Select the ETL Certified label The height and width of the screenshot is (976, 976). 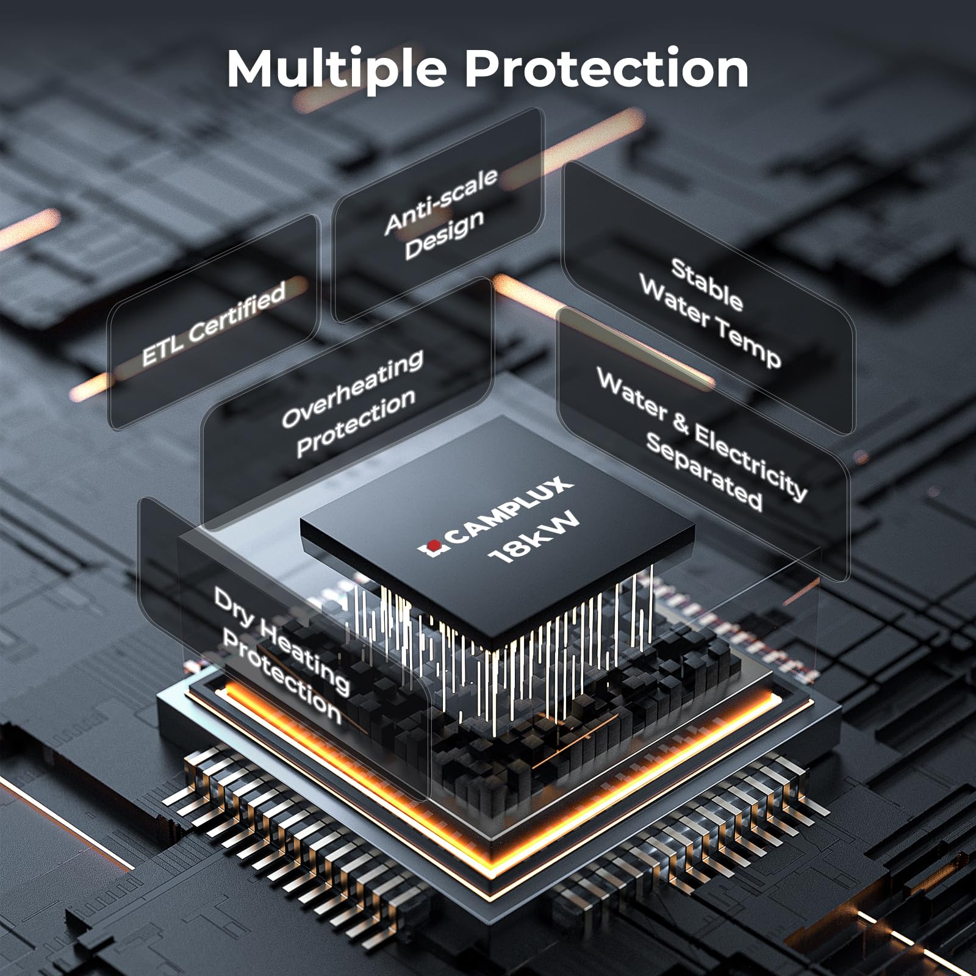[x=213, y=323]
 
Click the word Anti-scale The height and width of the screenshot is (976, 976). [x=442, y=201]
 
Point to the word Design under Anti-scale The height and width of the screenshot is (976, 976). [x=445, y=234]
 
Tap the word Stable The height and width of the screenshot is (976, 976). [x=707, y=285]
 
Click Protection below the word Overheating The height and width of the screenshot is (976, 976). [x=356, y=423]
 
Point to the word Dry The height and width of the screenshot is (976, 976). [x=234, y=609]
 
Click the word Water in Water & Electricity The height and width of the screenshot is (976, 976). [x=631, y=393]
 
